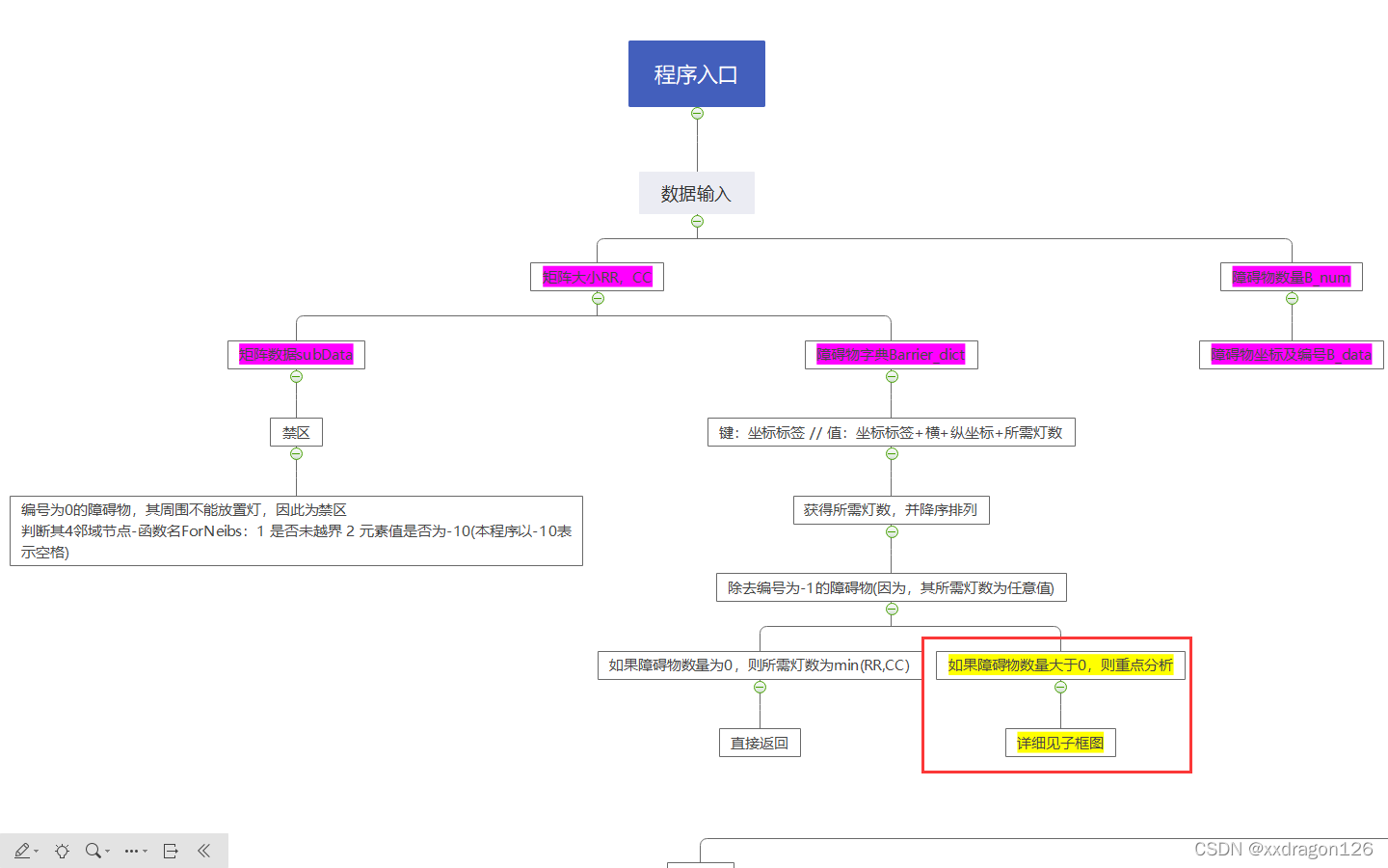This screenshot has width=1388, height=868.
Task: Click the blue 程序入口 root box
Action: [696, 73]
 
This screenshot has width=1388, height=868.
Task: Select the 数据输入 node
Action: [696, 194]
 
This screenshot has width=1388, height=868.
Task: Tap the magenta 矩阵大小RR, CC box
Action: [597, 277]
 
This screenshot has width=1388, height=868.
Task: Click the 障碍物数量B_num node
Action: [1291, 277]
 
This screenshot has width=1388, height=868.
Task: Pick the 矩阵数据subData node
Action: [296, 355]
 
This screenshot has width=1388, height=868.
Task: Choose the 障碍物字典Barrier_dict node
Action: [891, 355]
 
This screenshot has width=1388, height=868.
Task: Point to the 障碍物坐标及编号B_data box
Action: [1291, 355]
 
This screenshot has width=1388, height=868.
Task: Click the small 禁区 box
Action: [296, 432]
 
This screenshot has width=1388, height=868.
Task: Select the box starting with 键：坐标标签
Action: [891, 432]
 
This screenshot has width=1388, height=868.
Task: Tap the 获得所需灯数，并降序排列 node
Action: [891, 510]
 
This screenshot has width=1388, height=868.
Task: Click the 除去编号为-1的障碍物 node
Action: [891, 587]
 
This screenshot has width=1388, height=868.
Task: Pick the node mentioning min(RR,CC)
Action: [759, 665]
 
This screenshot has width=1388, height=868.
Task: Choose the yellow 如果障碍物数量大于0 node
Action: [1060, 665]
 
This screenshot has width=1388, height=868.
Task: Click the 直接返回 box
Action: [760, 743]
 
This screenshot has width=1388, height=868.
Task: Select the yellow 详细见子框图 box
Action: [1060, 743]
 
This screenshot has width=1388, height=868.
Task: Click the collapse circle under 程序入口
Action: [697, 114]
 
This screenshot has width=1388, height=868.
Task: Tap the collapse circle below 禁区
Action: [296, 454]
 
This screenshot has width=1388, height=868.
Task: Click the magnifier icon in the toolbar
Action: [93, 851]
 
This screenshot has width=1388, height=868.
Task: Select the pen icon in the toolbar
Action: [21, 851]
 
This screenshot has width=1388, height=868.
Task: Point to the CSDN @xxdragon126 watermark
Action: [1283, 849]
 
